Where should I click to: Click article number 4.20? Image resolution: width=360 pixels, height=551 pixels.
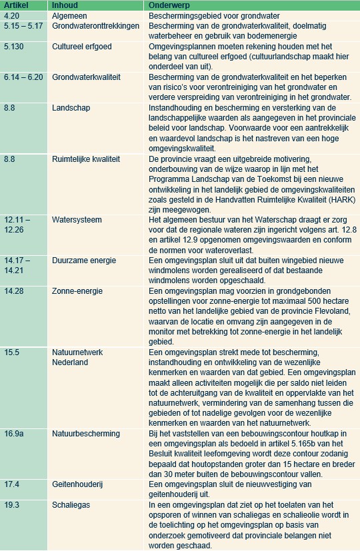click(11, 15)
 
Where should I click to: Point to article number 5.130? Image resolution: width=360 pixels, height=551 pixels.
click(14, 47)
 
